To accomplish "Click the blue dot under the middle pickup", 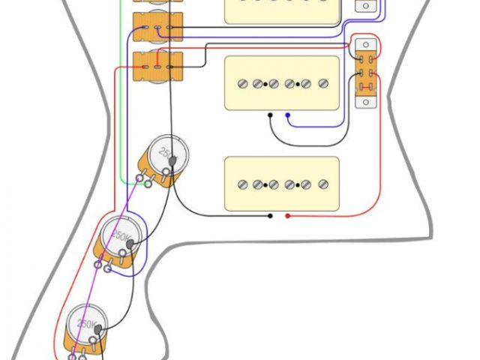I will coord(287,115).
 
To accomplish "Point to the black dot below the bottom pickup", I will coord(271,216).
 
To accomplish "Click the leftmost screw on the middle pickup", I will coord(242,82).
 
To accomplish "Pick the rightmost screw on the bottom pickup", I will coord(324,184).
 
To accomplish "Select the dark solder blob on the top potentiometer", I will coord(174,160).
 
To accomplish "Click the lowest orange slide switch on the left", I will coord(157,69).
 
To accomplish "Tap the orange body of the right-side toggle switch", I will coord(367,73).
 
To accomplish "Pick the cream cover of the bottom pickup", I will coord(281,184).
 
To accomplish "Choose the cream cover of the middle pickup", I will coord(281,82).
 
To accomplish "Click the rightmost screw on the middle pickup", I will coord(324,82).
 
